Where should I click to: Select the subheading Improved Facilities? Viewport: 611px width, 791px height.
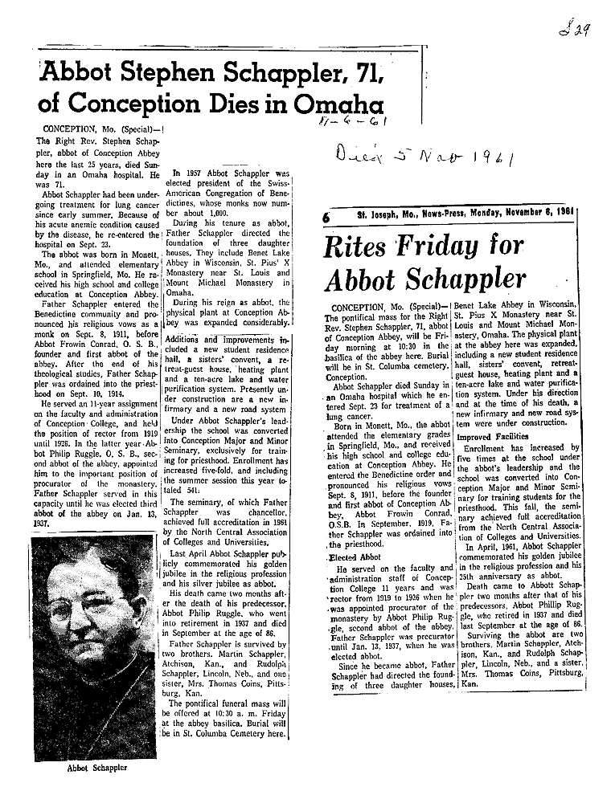(x=490, y=437)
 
